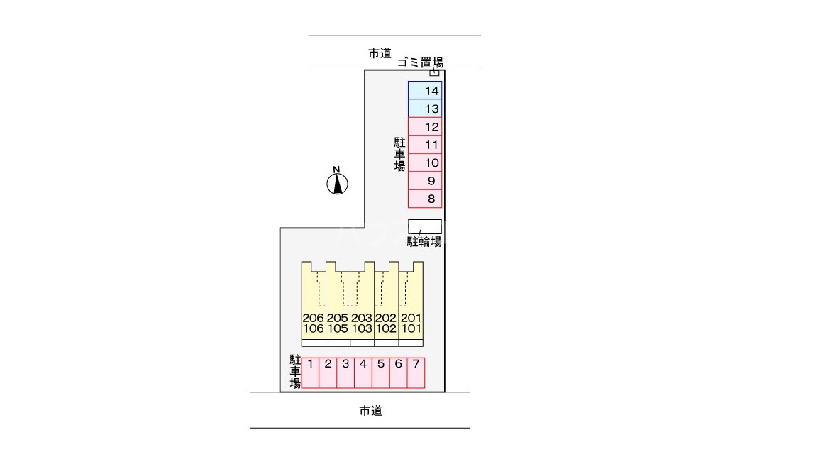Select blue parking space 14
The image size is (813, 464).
pos(425,90)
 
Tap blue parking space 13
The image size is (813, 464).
pos(425,109)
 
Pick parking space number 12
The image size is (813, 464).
pos(425,127)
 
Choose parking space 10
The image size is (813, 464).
pos(425,163)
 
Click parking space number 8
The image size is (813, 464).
pos(425,199)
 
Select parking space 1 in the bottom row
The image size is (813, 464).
pos(311,372)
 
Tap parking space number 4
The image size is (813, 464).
pos(363,372)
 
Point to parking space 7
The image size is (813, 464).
pos(416,372)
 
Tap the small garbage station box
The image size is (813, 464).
pos(435,72)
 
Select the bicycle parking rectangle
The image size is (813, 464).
pos(425,226)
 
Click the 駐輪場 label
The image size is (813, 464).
pos(424,242)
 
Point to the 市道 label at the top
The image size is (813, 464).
pos(380,53)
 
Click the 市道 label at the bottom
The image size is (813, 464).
pos(370,411)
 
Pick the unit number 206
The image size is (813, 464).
pos(313,319)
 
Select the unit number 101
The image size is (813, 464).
pos(411,329)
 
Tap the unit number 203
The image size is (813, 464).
pos(362,319)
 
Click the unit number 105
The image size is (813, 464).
pos(338,329)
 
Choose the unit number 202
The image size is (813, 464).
pos(386,319)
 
